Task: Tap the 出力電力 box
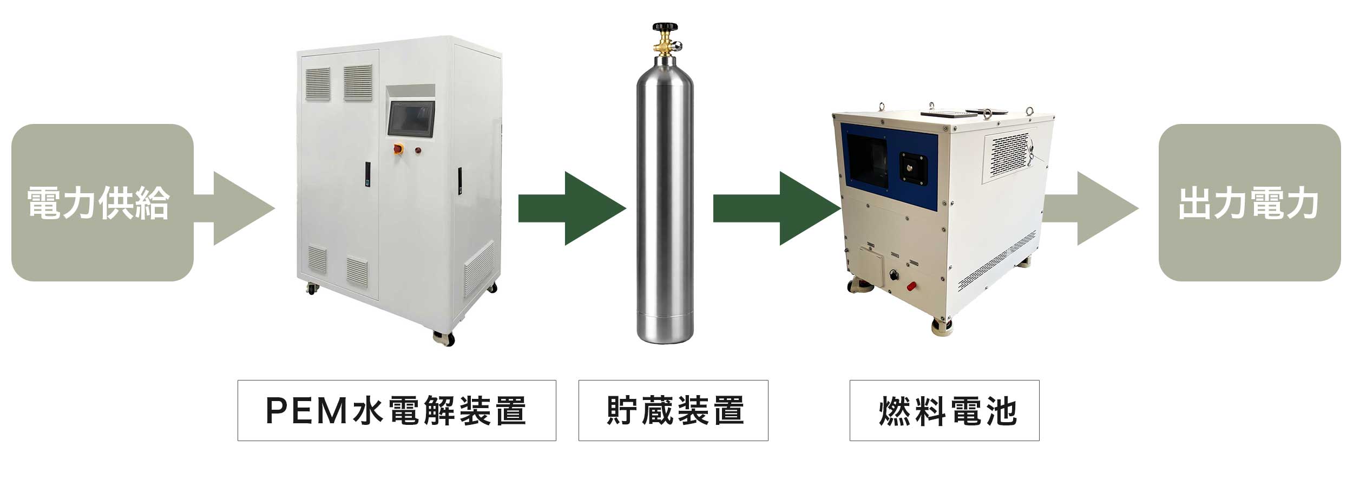(1249, 202)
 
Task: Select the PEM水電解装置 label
(396, 410)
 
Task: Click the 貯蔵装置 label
(673, 410)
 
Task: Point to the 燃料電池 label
(944, 410)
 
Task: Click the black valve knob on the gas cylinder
(665, 27)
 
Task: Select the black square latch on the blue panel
(914, 167)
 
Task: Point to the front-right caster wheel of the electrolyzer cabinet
(444, 338)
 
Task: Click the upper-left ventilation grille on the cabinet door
(318, 84)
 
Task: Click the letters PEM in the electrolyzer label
(306, 410)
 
